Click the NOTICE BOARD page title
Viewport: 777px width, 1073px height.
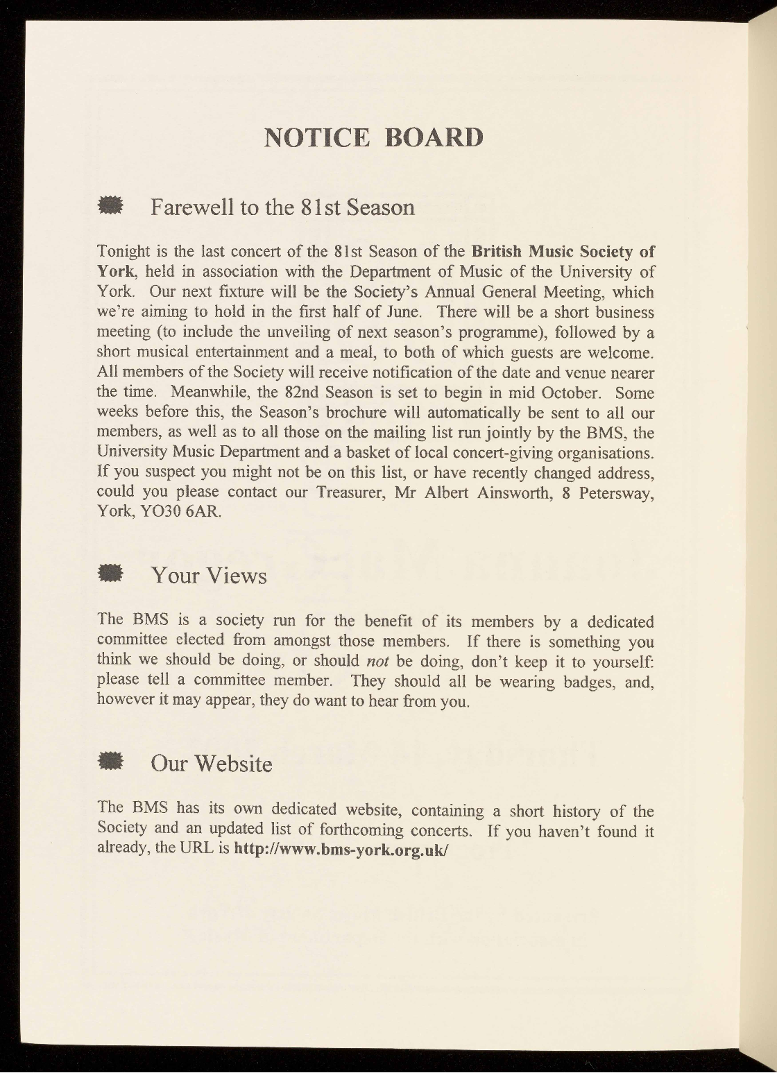pyautogui.click(x=374, y=137)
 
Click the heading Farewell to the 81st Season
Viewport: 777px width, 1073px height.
pyautogui.click(x=282, y=207)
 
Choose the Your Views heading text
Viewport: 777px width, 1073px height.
pyautogui.click(x=208, y=575)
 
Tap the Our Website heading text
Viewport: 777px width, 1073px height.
pyautogui.click(x=211, y=764)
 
